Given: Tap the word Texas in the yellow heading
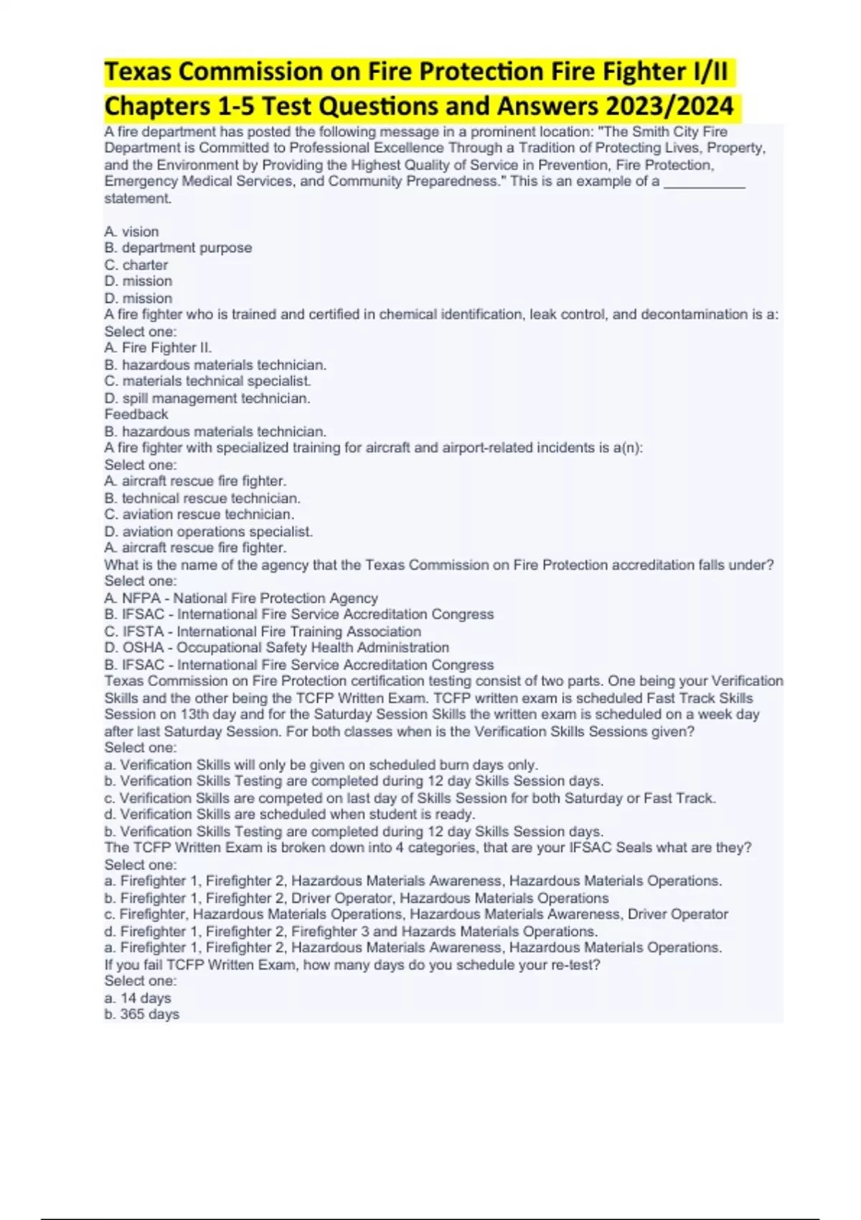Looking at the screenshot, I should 141,72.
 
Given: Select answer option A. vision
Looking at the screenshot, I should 131,231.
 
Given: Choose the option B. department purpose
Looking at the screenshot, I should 178,248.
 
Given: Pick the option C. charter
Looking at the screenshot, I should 136,265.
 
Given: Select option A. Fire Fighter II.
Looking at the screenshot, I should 158,347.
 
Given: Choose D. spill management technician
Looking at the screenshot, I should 207,398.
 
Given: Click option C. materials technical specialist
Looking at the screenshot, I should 207,381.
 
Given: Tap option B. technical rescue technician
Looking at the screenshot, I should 202,498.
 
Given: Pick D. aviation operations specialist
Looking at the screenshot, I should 208,531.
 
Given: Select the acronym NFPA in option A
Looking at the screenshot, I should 141,598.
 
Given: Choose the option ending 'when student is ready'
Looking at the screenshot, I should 289,815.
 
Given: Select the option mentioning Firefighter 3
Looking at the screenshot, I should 350,932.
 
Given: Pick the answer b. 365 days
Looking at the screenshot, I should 141,1014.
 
